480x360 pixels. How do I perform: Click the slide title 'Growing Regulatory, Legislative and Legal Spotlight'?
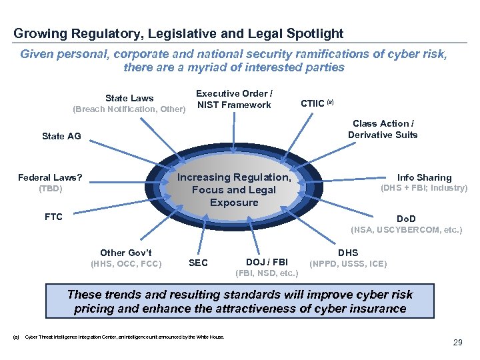point(178,33)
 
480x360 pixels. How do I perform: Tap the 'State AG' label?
point(61,136)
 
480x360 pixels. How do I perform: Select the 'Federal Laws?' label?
point(50,177)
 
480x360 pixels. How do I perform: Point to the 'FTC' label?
point(53,217)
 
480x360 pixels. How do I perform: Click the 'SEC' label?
point(198,263)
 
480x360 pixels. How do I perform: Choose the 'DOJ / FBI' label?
point(267,263)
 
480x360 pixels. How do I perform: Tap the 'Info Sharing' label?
point(424,177)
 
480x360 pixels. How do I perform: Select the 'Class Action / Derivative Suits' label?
point(382,129)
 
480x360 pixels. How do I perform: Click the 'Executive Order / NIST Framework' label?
point(233,99)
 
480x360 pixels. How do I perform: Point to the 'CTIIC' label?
point(313,103)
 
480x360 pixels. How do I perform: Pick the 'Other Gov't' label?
point(126,253)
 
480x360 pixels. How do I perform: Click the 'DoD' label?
point(405,219)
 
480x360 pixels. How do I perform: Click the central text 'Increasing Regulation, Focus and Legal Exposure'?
point(234,190)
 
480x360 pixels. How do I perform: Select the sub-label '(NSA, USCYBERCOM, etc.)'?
point(406,230)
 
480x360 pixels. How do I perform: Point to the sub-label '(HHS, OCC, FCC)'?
point(126,264)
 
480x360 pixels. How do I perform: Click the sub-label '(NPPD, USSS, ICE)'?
point(348,264)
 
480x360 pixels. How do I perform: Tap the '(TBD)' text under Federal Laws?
point(50,189)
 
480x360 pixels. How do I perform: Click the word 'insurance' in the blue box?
point(374,309)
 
